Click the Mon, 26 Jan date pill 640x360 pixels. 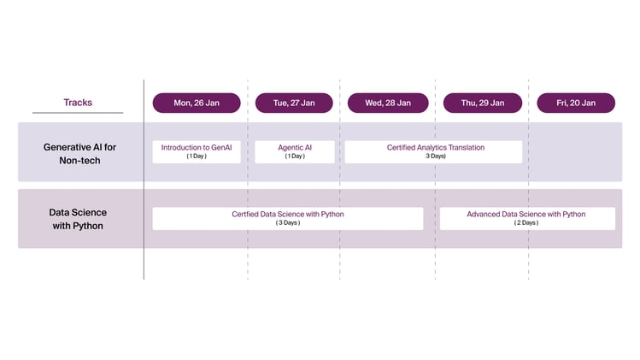197,103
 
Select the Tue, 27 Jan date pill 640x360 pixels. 294,103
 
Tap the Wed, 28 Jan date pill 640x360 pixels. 388,103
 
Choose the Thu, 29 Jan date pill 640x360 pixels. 483,103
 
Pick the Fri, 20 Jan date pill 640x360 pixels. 576,103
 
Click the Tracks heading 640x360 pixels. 78,103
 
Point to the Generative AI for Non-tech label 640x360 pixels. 79,153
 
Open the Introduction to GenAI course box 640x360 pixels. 197,151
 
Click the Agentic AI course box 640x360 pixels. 295,151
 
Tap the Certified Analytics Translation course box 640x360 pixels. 433,151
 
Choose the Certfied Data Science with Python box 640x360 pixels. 287,218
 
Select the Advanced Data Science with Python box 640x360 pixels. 526,218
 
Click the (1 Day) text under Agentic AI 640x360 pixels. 295,156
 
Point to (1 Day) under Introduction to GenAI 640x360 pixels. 197,156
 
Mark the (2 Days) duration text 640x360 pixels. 526,223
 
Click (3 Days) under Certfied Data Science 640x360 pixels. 288,223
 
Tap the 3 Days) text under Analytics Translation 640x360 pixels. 436,156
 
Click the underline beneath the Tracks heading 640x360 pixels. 78,113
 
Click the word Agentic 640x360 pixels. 288,147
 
